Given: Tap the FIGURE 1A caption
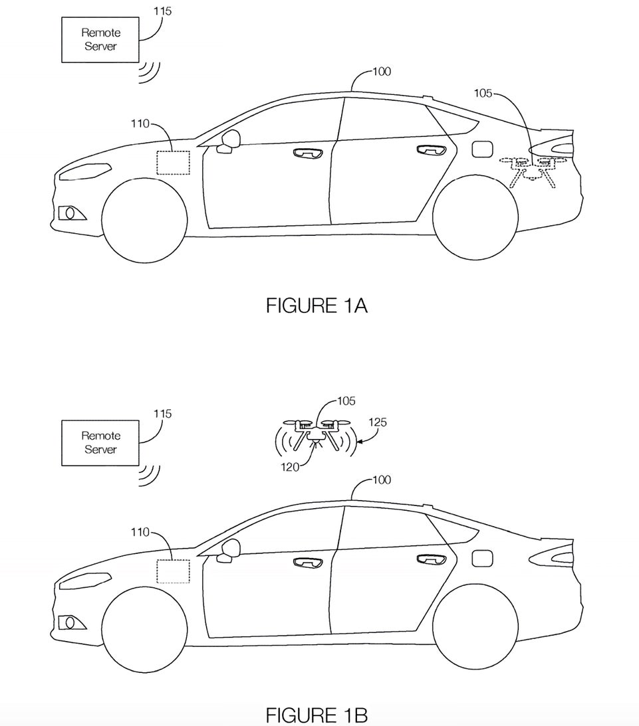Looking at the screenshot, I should coord(317,306).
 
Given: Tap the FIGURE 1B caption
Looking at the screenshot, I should coord(317,715).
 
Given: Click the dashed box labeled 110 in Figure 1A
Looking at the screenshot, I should coord(173,163).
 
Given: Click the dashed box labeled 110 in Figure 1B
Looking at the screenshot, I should coord(173,571).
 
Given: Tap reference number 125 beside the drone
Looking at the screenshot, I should coord(376,422).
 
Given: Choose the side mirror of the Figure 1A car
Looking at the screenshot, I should coord(230,140).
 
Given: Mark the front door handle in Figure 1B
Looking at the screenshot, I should coord(307,562).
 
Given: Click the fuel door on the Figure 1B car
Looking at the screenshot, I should coord(481,558).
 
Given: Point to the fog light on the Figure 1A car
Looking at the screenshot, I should coord(68,213).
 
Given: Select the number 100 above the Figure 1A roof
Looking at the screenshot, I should coord(381,71).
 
